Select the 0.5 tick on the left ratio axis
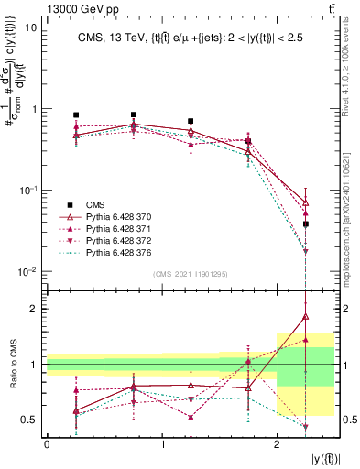pyautogui.click(x=28, y=420)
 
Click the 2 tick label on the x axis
pyautogui.click(x=277, y=442)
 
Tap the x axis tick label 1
pyautogui.click(x=162, y=442)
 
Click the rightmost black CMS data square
pyautogui.click(x=306, y=224)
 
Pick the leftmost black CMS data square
pyautogui.click(x=76, y=115)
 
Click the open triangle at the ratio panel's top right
pyautogui.click(x=306, y=317)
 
